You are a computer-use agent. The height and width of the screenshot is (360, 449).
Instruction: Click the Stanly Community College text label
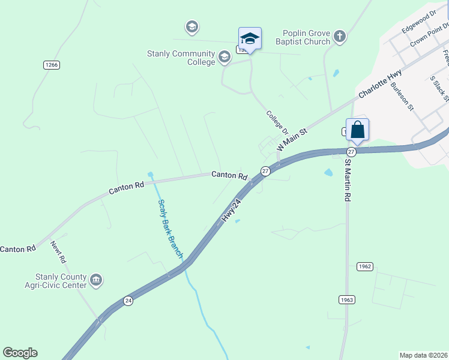pyautogui.click(x=181, y=58)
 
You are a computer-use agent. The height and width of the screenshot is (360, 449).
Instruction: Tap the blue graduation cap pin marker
pyautogui.click(x=250, y=39)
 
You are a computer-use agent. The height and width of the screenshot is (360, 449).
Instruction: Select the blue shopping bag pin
pyautogui.click(x=357, y=130)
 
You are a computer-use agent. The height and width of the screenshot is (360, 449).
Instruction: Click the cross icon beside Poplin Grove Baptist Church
pyautogui.click(x=339, y=37)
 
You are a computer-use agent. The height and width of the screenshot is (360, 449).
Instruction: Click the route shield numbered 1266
pyautogui.click(x=51, y=65)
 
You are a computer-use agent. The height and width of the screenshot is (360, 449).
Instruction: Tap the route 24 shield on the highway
pyautogui.click(x=128, y=301)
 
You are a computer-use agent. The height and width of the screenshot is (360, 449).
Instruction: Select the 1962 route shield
pyautogui.click(x=364, y=266)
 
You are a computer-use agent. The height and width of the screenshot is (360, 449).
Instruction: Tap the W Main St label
pyautogui.click(x=292, y=139)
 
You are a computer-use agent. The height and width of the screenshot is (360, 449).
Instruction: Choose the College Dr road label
pyautogui.click(x=277, y=122)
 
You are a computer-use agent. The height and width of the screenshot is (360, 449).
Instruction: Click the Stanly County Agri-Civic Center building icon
pyautogui.click(x=95, y=280)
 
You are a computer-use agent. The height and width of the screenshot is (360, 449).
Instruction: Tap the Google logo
pyautogui.click(x=20, y=353)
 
